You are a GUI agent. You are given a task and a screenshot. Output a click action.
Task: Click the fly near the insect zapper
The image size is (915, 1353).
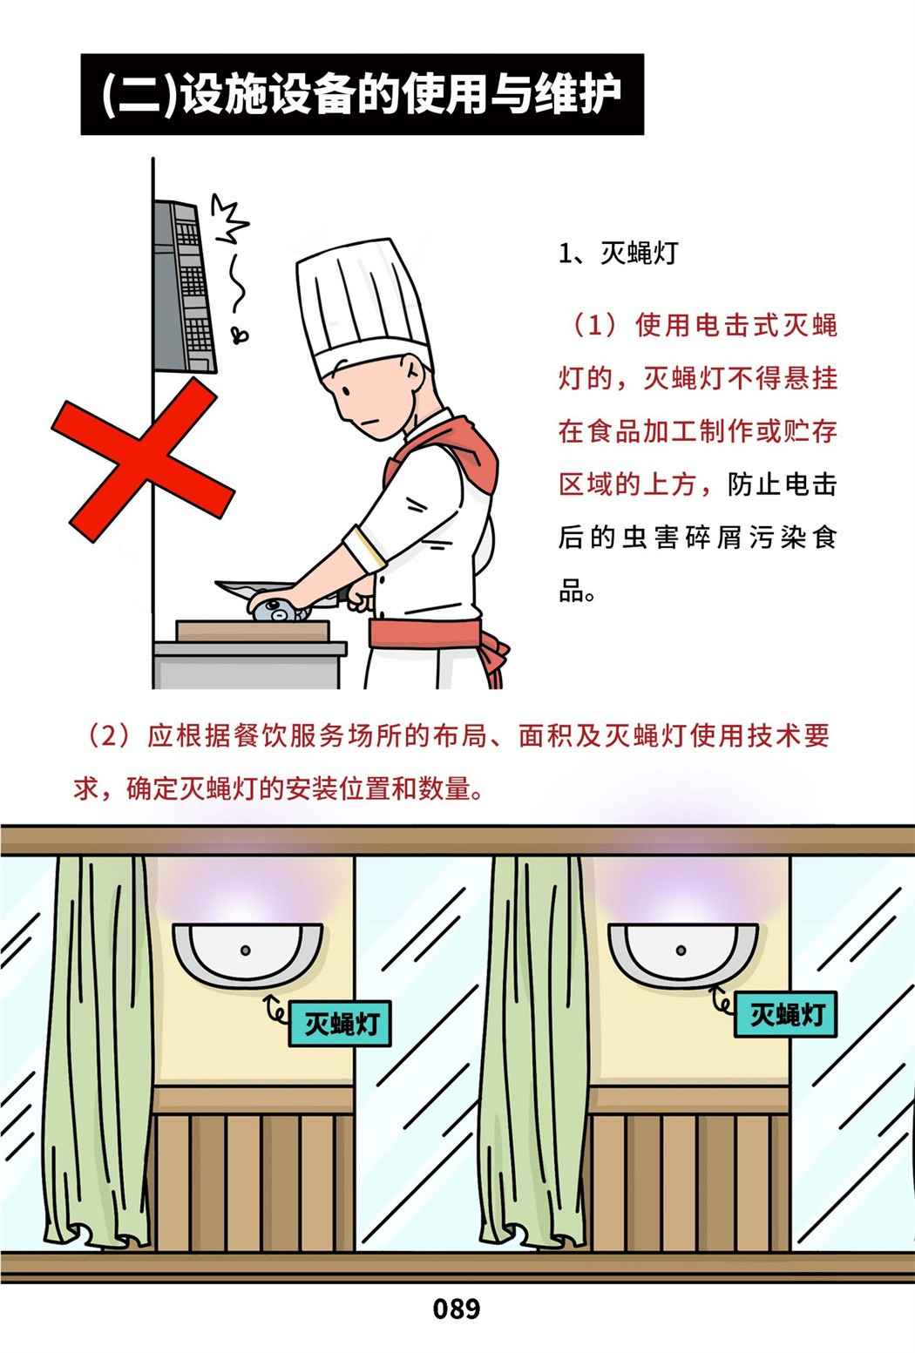point(241,334)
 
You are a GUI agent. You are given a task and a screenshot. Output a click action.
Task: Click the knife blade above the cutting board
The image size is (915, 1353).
point(254,590)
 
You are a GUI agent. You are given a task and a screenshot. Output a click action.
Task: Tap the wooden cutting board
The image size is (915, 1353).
point(253,632)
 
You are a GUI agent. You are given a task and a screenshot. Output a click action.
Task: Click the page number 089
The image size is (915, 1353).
point(457,1309)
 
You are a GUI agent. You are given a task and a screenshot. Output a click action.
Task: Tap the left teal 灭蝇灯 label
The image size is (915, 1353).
point(340,1023)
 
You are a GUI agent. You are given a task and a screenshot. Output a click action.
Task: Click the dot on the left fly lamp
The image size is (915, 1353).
point(246,950)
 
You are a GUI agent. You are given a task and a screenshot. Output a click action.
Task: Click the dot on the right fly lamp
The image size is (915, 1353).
point(681,950)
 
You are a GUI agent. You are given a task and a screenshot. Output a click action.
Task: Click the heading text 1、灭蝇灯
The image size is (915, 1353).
point(618,253)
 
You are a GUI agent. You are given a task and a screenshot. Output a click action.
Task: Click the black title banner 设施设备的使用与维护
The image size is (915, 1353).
point(362,94)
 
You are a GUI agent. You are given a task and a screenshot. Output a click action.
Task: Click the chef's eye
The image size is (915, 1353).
point(346,390)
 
